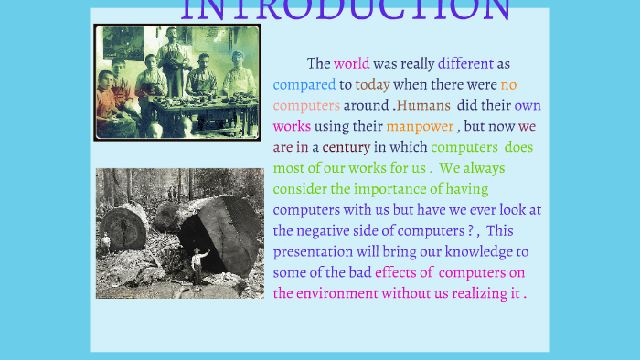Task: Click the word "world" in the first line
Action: (352, 64)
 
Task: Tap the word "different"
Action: (465, 64)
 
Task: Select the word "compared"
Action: (304, 85)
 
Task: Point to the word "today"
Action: (372, 85)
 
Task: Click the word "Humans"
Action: (423, 105)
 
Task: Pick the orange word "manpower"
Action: (420, 126)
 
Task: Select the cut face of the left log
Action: (125, 229)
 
